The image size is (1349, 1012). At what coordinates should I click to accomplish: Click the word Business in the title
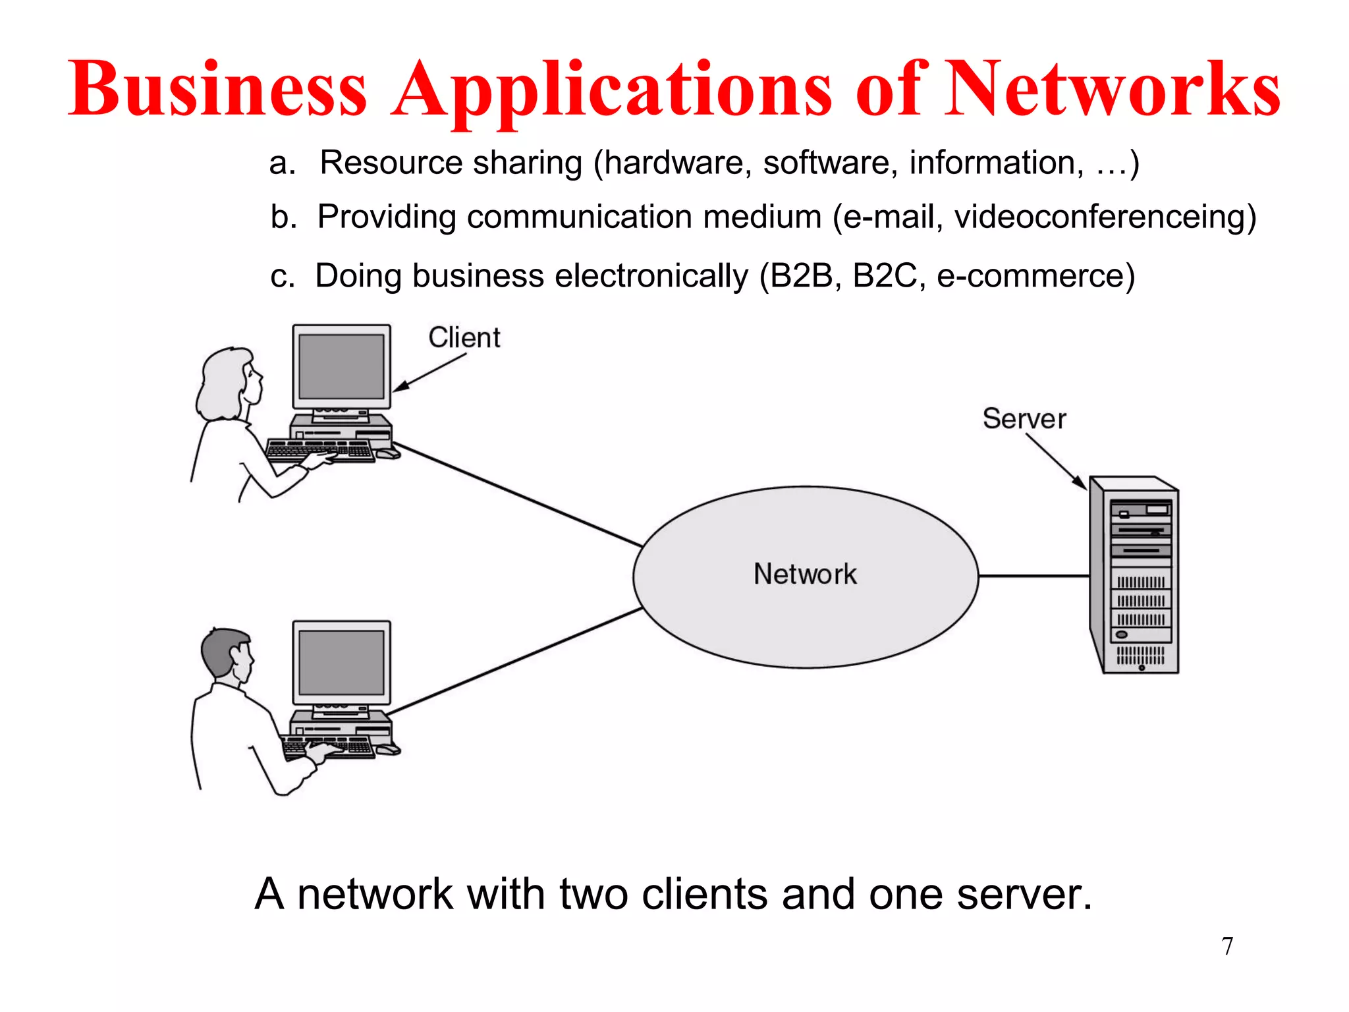(x=217, y=89)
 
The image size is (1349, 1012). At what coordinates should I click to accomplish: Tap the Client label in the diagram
(x=464, y=337)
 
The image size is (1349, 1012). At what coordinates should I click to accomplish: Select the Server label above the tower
(x=1024, y=419)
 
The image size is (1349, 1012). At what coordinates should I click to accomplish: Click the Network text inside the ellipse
(x=805, y=574)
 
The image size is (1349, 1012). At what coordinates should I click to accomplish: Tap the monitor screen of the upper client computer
(x=341, y=366)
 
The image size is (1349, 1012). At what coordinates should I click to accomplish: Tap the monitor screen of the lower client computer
(x=341, y=662)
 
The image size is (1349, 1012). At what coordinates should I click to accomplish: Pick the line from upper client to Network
(x=517, y=494)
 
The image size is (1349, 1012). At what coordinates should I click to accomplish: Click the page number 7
(x=1227, y=946)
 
